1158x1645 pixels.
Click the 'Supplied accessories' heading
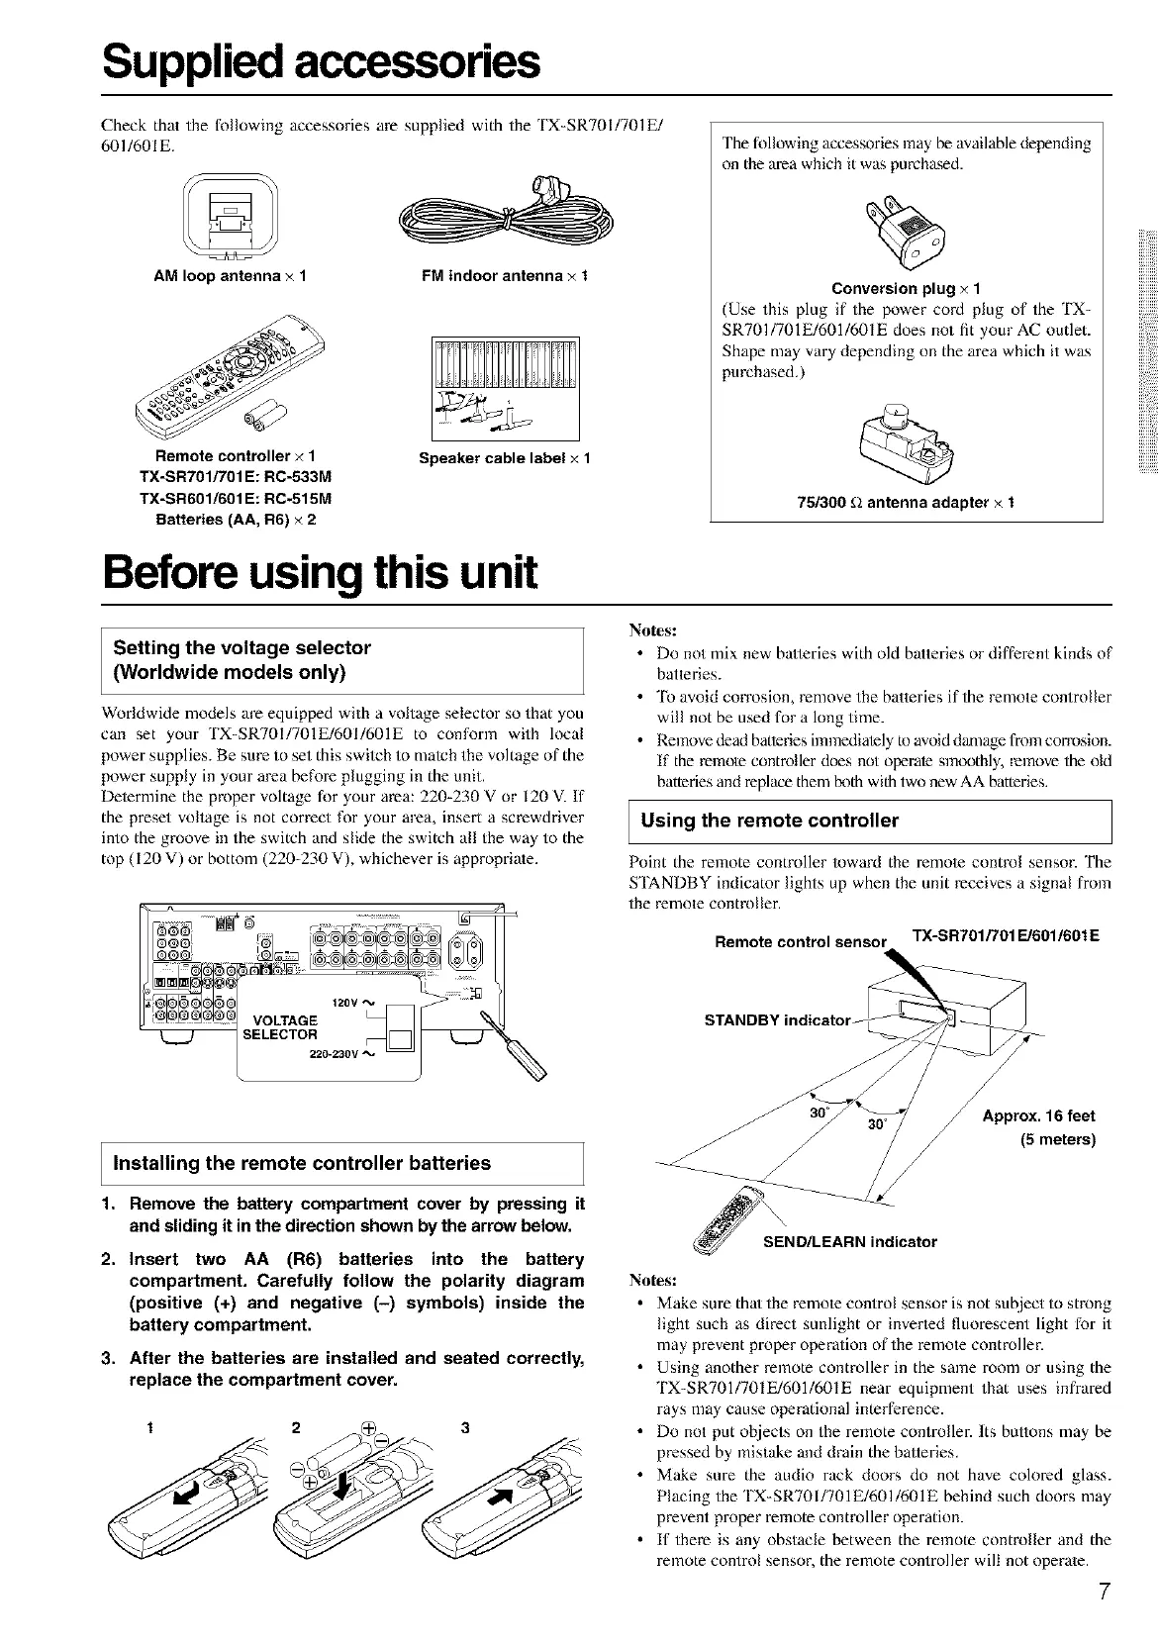pyautogui.click(x=322, y=62)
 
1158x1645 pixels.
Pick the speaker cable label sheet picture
pyautogui.click(x=505, y=387)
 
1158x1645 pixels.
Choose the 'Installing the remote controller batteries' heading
pyautogui.click(x=302, y=1163)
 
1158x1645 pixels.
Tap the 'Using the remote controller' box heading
pyautogui.click(x=770, y=820)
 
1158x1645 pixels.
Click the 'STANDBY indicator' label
pyautogui.click(x=777, y=1019)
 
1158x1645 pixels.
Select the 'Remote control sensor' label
pyautogui.click(x=799, y=941)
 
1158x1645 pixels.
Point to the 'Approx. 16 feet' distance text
pyautogui.click(x=1038, y=1116)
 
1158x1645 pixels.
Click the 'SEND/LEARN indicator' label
pyautogui.click(x=849, y=1241)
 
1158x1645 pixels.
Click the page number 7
pyautogui.click(x=1105, y=1593)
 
